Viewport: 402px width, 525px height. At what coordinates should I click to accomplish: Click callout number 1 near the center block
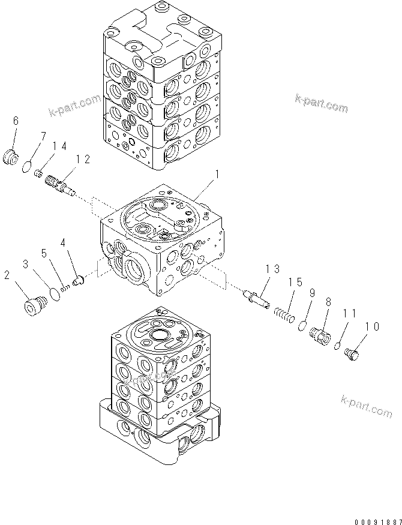pyautogui.click(x=217, y=175)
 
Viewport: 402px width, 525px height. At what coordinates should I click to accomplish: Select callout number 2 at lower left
pyautogui.click(x=7, y=275)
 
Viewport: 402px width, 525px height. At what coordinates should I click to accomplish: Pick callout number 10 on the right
pyautogui.click(x=371, y=327)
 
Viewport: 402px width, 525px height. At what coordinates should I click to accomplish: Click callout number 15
pyautogui.click(x=294, y=283)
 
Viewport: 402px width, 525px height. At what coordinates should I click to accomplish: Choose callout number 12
pyautogui.click(x=83, y=159)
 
